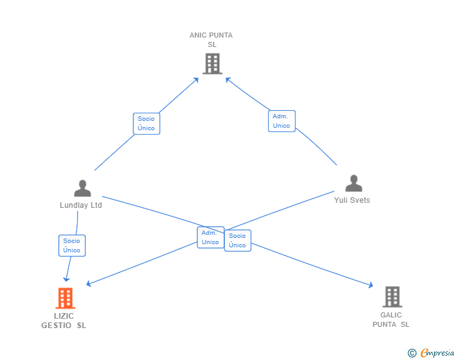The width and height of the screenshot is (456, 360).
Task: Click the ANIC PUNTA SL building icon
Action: (x=212, y=63)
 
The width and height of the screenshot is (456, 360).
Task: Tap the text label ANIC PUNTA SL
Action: (x=211, y=39)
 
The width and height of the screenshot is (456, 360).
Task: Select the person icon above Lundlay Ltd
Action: (x=82, y=188)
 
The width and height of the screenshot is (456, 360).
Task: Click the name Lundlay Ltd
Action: (x=81, y=205)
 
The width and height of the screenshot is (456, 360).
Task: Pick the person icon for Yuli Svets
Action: (x=354, y=183)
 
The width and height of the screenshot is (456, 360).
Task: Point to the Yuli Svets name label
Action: (x=353, y=200)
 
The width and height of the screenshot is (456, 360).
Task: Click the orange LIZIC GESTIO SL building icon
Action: (x=65, y=298)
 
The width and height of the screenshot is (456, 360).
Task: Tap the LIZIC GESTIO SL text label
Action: (x=64, y=321)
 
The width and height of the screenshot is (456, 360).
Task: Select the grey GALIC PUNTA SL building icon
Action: (x=392, y=297)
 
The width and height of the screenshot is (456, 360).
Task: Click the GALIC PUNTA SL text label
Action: (x=391, y=319)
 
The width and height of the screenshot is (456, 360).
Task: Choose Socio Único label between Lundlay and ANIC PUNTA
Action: (x=146, y=123)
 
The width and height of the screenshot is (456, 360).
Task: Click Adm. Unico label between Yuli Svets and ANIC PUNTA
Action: (x=281, y=121)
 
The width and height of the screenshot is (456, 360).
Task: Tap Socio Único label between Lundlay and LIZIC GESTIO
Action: (x=71, y=245)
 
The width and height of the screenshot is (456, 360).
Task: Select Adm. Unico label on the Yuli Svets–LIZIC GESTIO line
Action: (x=210, y=237)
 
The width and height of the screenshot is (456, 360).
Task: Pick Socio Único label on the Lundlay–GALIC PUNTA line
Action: (x=237, y=240)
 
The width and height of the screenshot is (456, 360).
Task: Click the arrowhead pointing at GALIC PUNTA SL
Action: (x=371, y=285)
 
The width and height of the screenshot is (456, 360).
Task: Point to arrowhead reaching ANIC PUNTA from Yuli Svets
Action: (x=228, y=80)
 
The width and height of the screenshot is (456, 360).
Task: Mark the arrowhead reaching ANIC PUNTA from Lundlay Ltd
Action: (x=196, y=80)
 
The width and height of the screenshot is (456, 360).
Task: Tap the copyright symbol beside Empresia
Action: (x=412, y=354)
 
